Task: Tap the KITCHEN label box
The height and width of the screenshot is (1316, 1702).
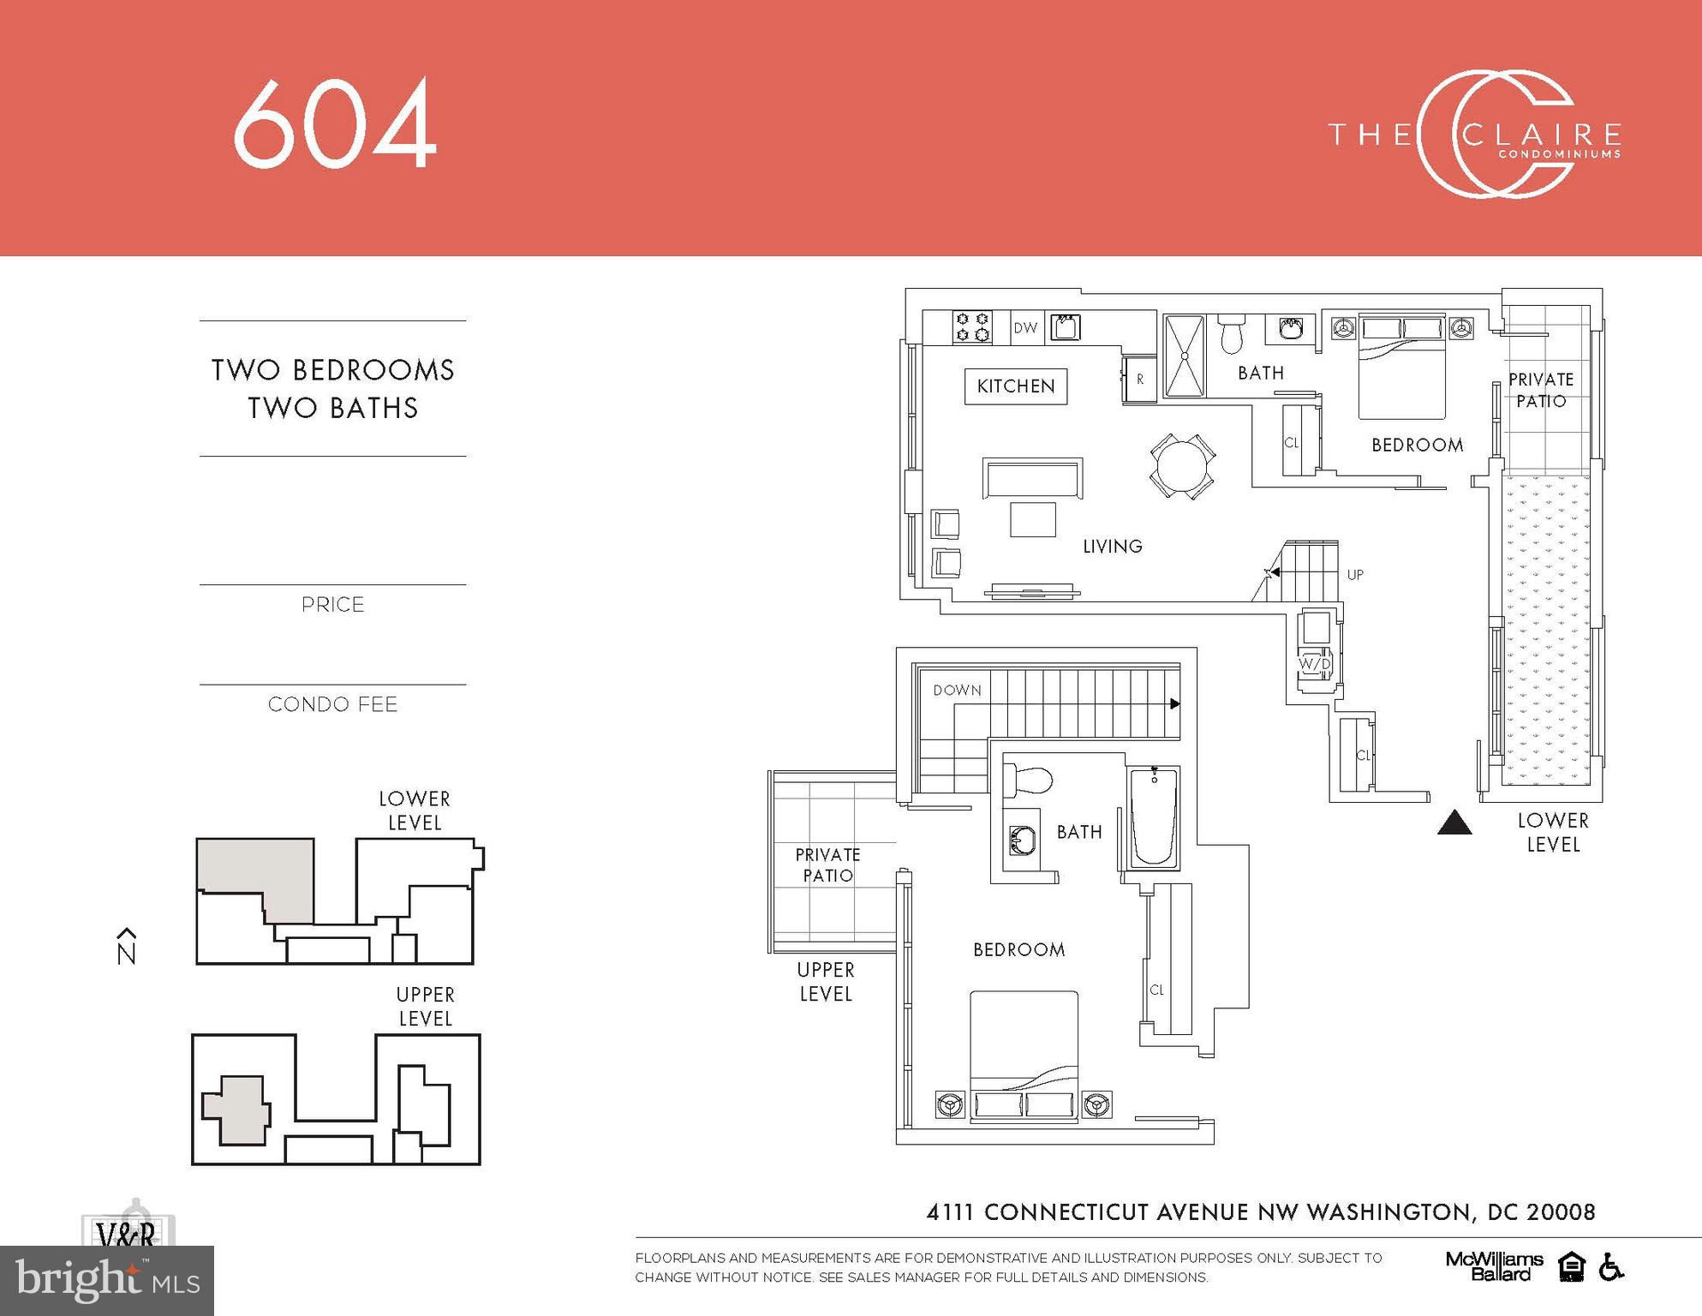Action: pos(1016,386)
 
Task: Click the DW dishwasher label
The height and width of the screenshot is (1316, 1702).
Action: pos(1025,327)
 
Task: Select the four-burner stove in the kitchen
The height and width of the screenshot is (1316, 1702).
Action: pos(972,326)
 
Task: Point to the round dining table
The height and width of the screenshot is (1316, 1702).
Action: pos(1182,467)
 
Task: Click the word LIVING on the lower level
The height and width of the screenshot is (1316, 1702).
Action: pos(1113,547)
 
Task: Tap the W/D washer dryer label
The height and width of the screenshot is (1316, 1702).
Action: pos(1315,664)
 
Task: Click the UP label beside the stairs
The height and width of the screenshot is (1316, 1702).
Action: pos(1355,575)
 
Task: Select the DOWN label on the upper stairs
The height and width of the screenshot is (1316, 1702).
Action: pos(957,691)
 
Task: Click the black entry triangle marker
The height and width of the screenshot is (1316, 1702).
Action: pos(1454,822)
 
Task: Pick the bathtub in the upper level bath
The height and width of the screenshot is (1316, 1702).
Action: pos(1154,817)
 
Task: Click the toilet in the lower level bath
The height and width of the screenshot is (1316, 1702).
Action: pos(1231,334)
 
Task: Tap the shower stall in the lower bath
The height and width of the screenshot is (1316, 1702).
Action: pos(1185,356)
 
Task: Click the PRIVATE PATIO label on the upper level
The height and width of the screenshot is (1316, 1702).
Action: pos(827,865)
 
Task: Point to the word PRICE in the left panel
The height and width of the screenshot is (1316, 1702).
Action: pos(333,605)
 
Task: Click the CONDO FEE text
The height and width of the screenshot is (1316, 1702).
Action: pos(333,704)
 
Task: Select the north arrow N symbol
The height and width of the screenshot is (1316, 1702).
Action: pos(127,946)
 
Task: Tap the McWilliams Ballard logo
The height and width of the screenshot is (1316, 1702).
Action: pos(1494,1266)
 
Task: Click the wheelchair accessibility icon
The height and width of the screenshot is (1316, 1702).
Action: pos(1611,1266)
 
